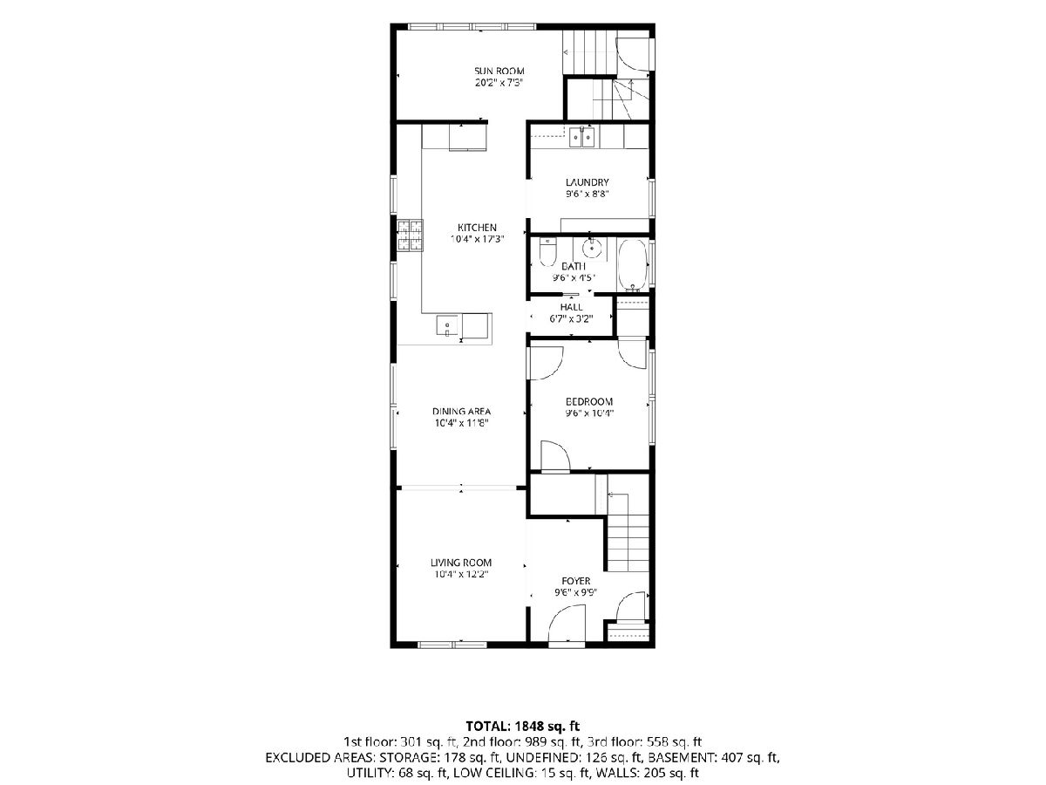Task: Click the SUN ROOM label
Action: [499, 71]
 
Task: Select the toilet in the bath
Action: [547, 253]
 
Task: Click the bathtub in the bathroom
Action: [632, 265]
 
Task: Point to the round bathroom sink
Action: [592, 248]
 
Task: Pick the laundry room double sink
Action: [582, 137]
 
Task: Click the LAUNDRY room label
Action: [588, 182]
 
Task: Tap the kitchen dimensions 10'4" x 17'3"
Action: [477, 239]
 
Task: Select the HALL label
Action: [571, 307]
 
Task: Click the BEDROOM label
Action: [589, 401]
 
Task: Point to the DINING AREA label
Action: [461, 411]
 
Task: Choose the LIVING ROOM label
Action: [461, 563]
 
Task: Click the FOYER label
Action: [575, 581]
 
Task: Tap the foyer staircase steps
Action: [628, 543]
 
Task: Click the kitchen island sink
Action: [113, 325]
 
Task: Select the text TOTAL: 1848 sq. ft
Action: [523, 726]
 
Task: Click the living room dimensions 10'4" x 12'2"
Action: [461, 575]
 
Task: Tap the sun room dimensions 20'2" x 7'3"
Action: [499, 83]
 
